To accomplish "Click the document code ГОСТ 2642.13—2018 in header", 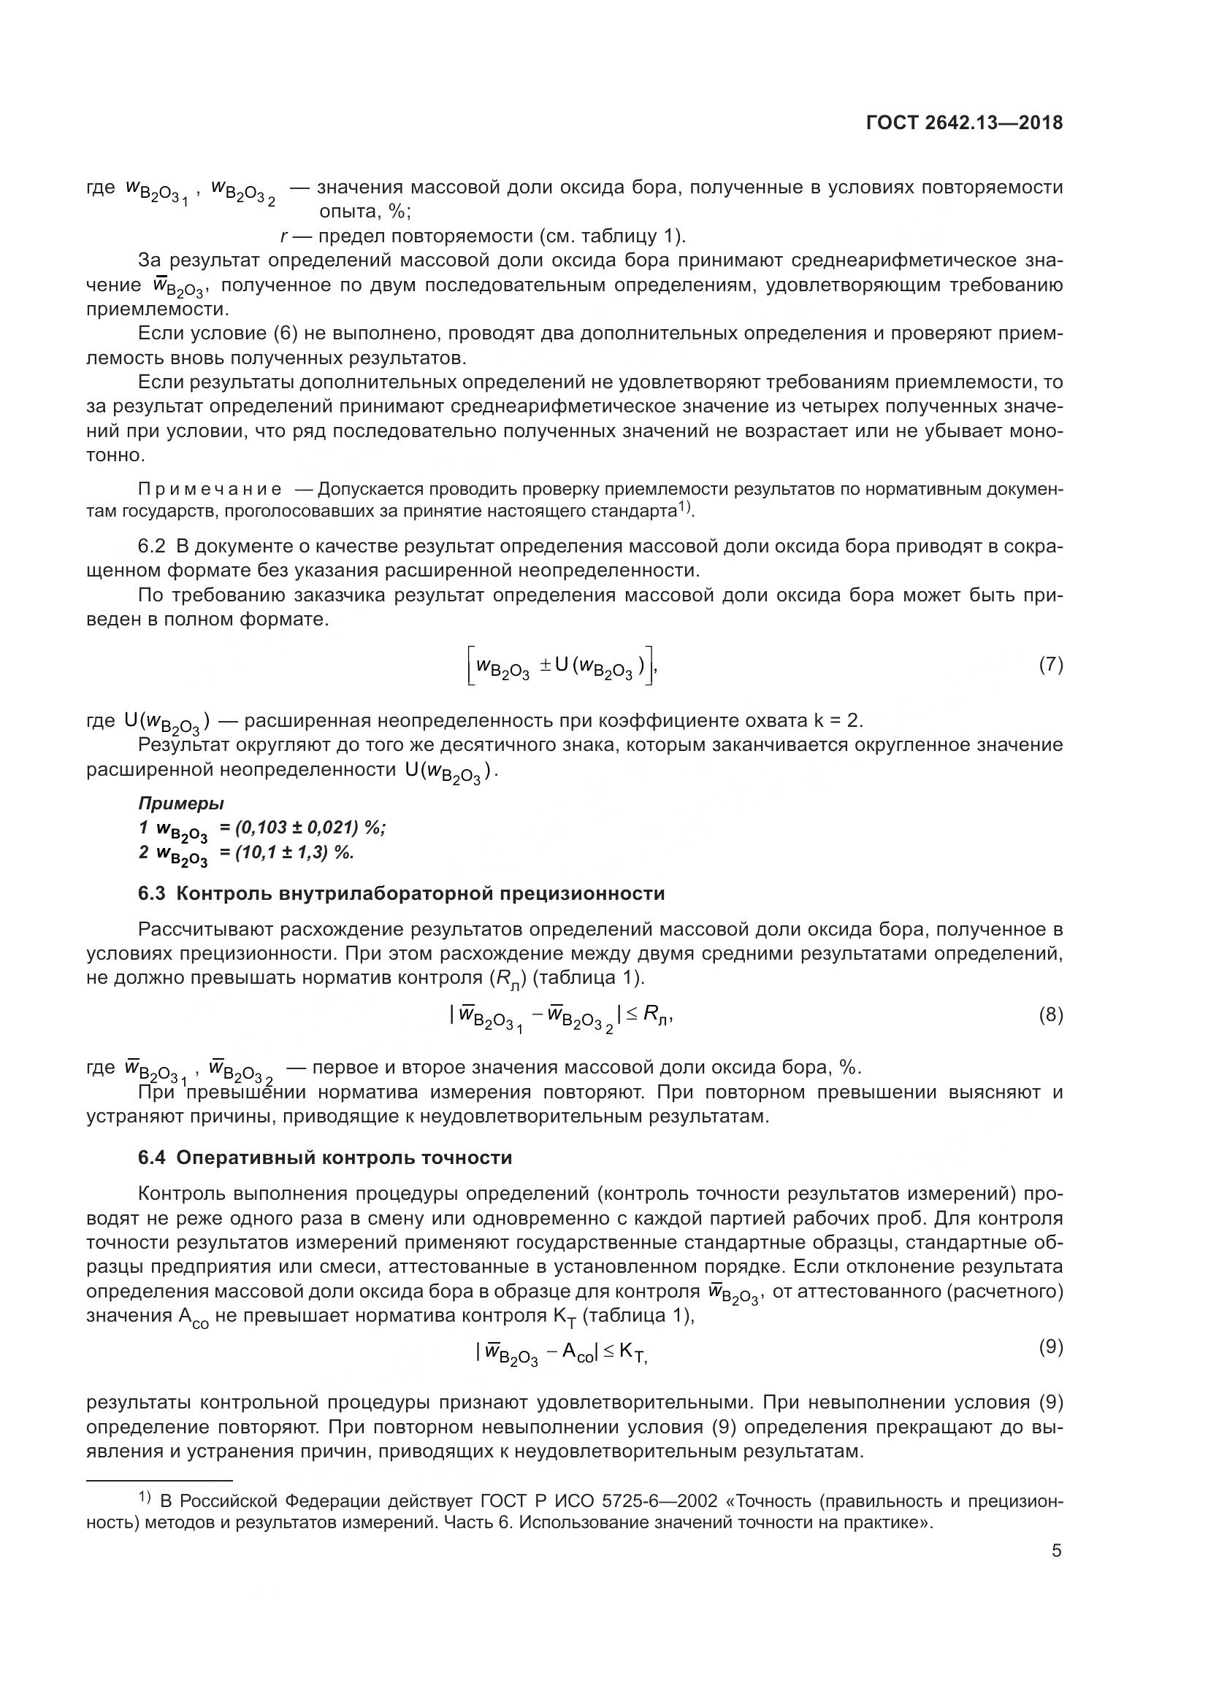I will point(964,123).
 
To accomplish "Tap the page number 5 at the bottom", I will point(1056,1551).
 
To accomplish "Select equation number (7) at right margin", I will point(1050,665).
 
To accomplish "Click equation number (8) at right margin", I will point(1050,1015).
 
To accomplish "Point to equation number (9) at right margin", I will point(1050,1346).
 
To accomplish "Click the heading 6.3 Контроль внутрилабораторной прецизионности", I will point(402,894).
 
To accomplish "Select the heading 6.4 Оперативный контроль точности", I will point(325,1157).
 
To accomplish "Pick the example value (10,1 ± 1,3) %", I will point(294,852).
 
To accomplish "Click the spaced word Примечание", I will point(210,489).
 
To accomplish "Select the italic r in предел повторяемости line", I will point(284,236).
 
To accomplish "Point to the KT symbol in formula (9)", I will point(632,1355).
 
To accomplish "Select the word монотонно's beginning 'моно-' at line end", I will point(1036,431).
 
